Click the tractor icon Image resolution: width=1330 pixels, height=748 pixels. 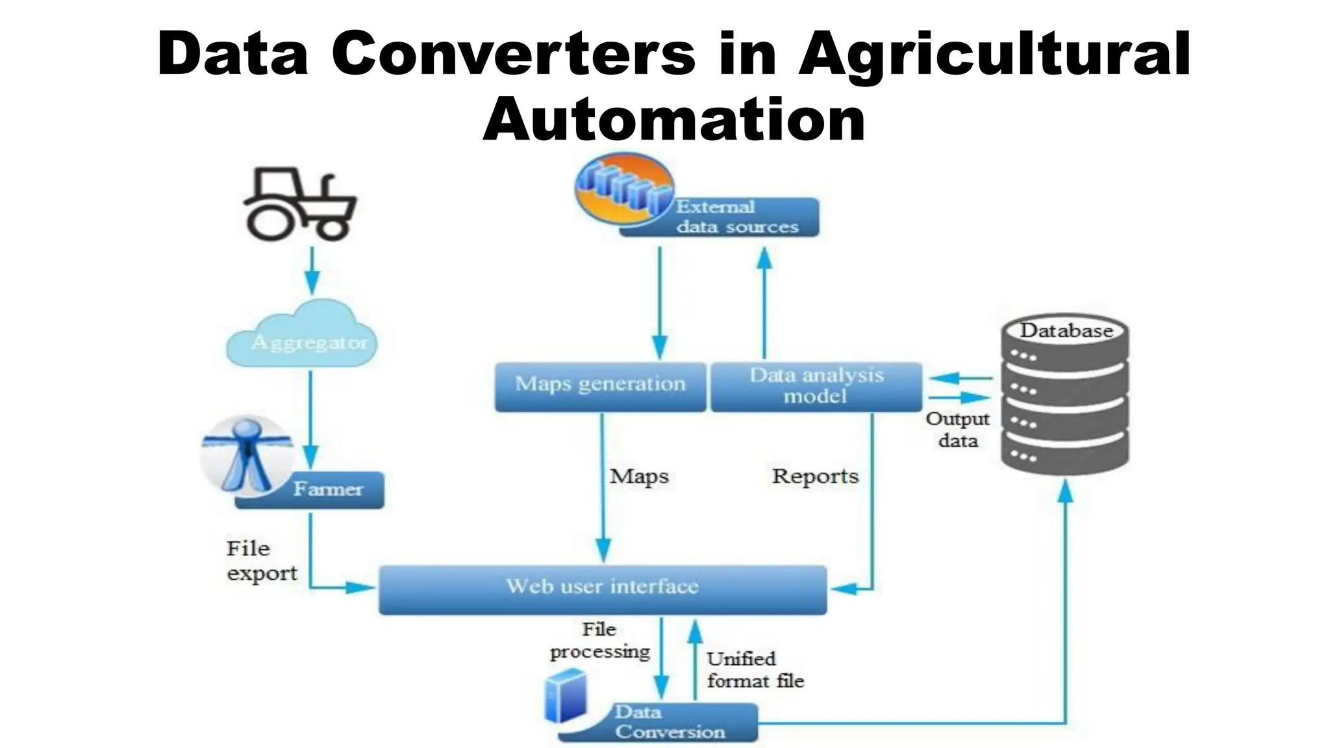(x=300, y=205)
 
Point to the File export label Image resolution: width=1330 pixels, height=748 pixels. (x=260, y=561)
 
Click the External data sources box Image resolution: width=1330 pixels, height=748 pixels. (x=737, y=218)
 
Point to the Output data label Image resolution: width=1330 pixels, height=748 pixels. (x=957, y=430)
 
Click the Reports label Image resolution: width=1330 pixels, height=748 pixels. (x=815, y=477)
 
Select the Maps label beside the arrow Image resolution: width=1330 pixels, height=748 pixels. (x=639, y=477)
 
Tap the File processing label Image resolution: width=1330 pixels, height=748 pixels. (x=599, y=641)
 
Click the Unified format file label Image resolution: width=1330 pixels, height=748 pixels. (x=755, y=670)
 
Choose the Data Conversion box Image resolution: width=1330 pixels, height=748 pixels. (x=669, y=722)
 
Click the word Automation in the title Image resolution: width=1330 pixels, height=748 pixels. (x=673, y=120)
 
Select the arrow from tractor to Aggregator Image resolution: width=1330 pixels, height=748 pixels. (x=312, y=269)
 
